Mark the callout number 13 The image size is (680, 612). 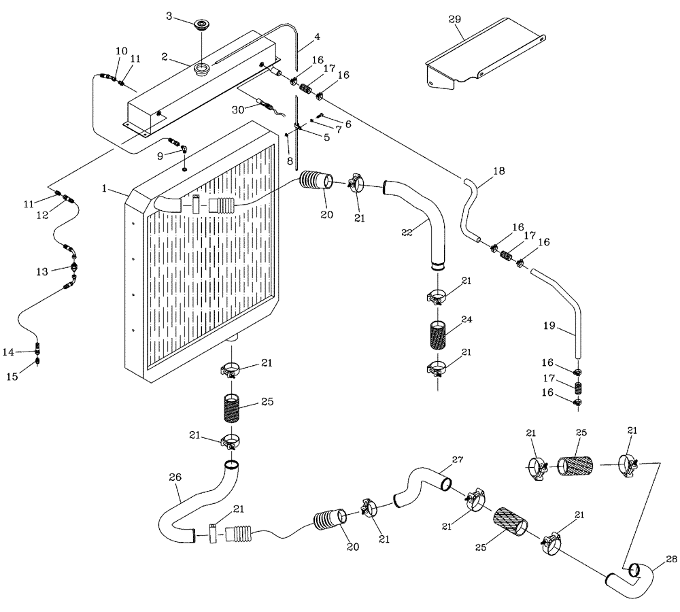[x=42, y=271]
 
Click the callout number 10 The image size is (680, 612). [x=121, y=51]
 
